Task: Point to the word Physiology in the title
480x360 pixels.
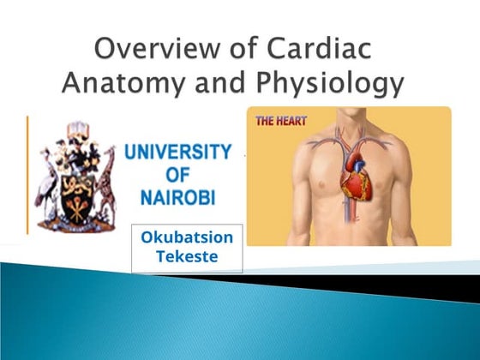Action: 331,85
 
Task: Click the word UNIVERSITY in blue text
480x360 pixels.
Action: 177,153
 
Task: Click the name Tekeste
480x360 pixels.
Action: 187,255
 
